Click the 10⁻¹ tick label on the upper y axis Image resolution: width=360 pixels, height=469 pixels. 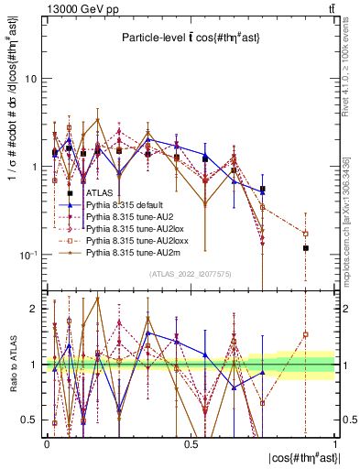click(x=28, y=254)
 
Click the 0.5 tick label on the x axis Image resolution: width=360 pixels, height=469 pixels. click(x=191, y=442)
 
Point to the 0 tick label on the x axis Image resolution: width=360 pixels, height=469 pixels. click(x=46, y=442)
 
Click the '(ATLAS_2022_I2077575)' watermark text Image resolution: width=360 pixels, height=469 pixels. click(x=191, y=274)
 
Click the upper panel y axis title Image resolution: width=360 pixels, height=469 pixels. click(x=11, y=101)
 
